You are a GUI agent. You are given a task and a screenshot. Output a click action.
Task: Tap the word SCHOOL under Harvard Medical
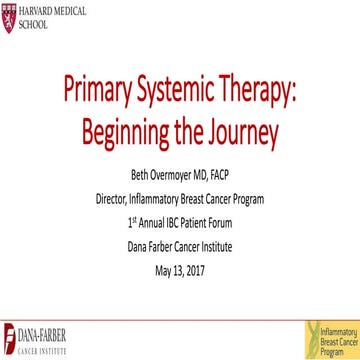click(x=36, y=24)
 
